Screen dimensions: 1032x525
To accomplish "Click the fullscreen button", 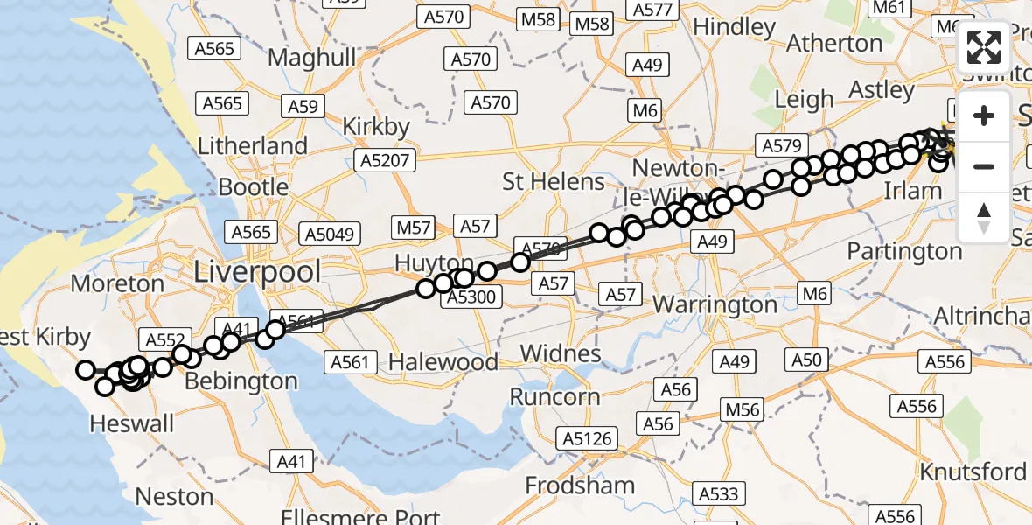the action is (984, 47).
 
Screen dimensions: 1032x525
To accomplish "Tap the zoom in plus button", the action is (984, 116).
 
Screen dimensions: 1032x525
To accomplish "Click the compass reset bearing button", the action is (984, 216).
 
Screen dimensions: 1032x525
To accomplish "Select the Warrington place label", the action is (715, 305).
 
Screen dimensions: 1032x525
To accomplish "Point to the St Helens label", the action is (554, 182).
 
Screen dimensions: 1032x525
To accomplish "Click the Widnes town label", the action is (561, 353).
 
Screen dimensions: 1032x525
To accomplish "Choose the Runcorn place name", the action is (555, 396).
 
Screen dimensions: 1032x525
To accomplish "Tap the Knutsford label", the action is (973, 472).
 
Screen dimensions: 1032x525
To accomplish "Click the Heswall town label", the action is (132, 423).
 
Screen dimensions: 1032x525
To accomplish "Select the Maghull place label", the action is (312, 58).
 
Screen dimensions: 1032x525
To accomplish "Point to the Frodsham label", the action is (581, 485).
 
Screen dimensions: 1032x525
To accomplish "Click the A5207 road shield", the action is (385, 159).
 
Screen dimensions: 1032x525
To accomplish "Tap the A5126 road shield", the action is (589, 438).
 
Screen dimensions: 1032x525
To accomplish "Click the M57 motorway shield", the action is (414, 228).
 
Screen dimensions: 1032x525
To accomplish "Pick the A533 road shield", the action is (719, 495).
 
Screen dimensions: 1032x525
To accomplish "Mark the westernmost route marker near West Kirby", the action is (86, 370).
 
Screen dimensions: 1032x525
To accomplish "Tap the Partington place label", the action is (904, 252).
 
